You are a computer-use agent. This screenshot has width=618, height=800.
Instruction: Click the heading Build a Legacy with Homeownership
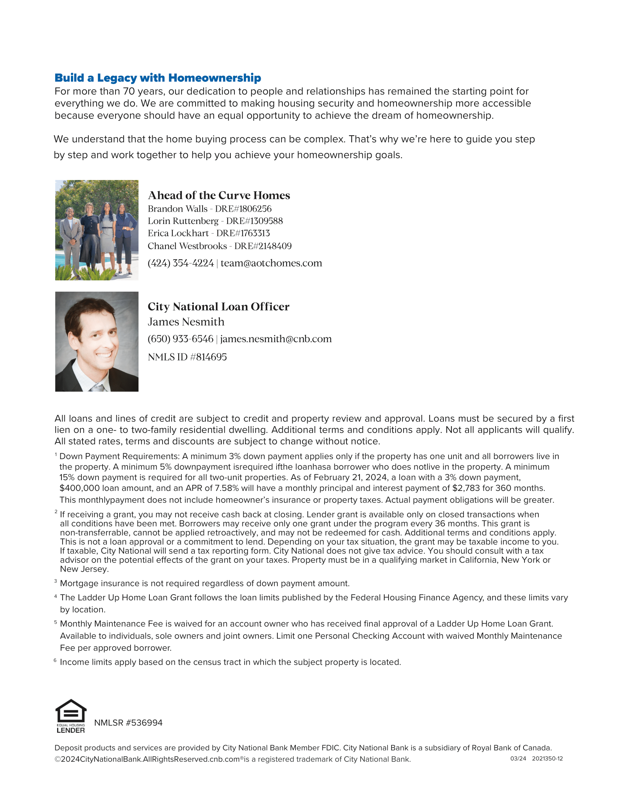[x=157, y=78]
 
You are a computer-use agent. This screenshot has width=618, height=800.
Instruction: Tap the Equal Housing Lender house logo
[x=71, y=716]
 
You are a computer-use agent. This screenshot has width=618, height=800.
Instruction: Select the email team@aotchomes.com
[x=271, y=263]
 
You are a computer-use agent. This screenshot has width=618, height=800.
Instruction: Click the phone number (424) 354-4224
[x=181, y=263]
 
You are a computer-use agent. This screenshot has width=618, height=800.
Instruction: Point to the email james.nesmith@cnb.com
[x=276, y=339]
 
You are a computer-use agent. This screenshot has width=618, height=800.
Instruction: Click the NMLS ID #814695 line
[x=187, y=357]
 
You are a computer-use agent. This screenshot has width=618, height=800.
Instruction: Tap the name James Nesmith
[x=186, y=321]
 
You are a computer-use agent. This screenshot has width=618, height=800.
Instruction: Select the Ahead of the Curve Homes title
[x=218, y=195]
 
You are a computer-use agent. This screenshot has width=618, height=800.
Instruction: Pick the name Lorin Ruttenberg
[x=183, y=221]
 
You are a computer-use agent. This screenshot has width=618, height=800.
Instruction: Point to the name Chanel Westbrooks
[x=187, y=246]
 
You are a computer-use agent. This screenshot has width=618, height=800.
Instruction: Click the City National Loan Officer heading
[x=218, y=307]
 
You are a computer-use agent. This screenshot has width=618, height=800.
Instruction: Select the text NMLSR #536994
[x=128, y=723]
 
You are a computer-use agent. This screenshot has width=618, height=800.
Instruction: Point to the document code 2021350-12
[x=547, y=759]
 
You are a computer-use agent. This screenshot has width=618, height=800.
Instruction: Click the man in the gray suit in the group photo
[x=70, y=235]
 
